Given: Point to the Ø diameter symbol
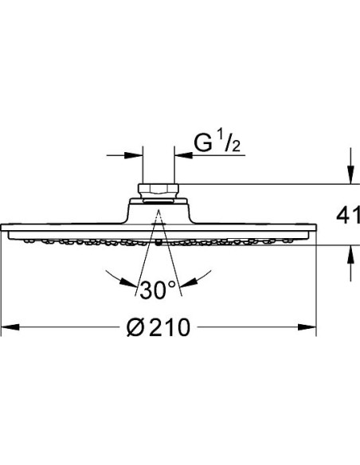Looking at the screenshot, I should (x=136, y=326).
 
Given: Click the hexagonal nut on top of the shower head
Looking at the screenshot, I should (x=158, y=191).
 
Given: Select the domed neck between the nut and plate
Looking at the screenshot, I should (x=158, y=211).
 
